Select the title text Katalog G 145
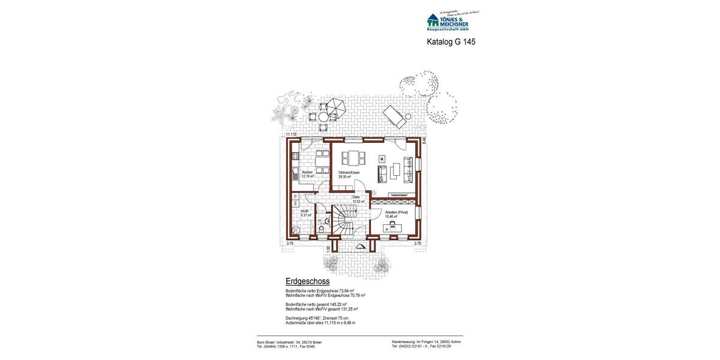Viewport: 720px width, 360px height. (451, 42)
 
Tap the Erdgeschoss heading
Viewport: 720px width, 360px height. (308, 281)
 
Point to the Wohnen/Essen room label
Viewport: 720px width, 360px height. (349, 175)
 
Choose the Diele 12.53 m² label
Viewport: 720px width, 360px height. (358, 199)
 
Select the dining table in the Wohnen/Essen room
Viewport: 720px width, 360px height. (353, 158)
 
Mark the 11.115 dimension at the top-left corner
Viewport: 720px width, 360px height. (291, 135)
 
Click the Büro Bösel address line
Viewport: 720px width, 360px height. (289, 342)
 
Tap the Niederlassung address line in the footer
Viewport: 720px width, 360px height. (426, 342)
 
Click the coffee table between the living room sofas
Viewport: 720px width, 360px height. (395, 171)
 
